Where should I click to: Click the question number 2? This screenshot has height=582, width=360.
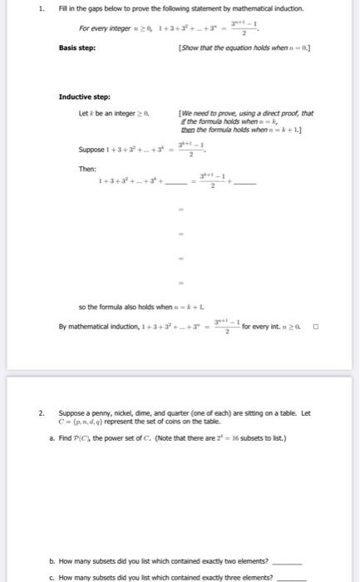pyautogui.click(x=41, y=412)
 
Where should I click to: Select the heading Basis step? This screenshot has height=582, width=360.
pyautogui.click(x=76, y=47)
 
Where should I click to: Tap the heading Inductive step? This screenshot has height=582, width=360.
pyautogui.click(x=85, y=96)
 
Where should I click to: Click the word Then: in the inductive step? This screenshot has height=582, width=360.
pyautogui.click(x=88, y=168)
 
